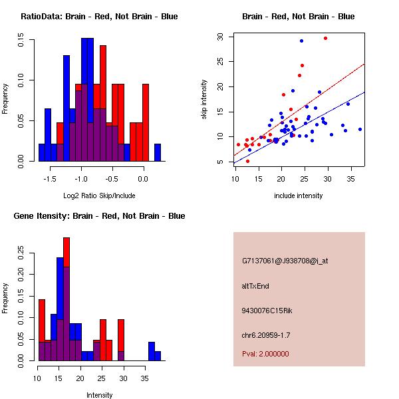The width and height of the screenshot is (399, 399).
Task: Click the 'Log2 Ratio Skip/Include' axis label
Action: (x=99, y=196)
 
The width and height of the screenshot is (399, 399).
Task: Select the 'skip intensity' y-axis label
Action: (x=205, y=100)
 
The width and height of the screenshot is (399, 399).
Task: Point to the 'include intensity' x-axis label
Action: (x=299, y=196)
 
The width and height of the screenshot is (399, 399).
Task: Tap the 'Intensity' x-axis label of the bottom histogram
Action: (x=99, y=395)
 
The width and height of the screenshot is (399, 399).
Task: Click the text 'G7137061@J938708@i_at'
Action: (x=285, y=261)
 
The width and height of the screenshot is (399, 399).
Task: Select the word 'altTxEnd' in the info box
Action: (x=255, y=286)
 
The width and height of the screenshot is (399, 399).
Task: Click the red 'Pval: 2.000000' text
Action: (x=265, y=354)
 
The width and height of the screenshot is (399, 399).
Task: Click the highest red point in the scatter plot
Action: (x=325, y=39)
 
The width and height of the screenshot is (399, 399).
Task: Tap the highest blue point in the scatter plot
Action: (x=301, y=41)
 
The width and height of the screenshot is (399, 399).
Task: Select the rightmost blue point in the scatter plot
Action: (x=360, y=129)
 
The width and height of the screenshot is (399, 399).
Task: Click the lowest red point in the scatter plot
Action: (x=247, y=161)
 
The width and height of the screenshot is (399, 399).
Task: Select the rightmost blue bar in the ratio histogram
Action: (x=158, y=152)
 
